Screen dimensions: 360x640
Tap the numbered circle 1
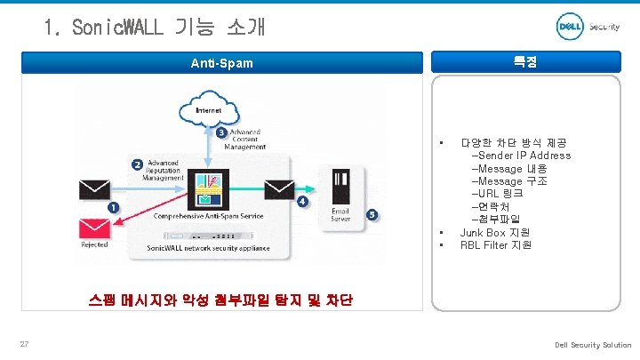113,207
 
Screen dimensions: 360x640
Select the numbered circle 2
137,164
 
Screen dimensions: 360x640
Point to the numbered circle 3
221,133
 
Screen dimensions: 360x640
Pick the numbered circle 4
303,202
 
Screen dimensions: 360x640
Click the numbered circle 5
371,214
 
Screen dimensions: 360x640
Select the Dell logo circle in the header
569,28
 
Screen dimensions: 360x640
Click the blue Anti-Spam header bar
221,63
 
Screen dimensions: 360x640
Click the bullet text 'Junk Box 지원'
495,232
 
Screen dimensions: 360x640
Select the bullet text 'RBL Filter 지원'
496,244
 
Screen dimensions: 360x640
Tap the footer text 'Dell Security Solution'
593,345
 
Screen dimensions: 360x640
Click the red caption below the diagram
220,300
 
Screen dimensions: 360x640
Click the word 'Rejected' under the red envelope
94,244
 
